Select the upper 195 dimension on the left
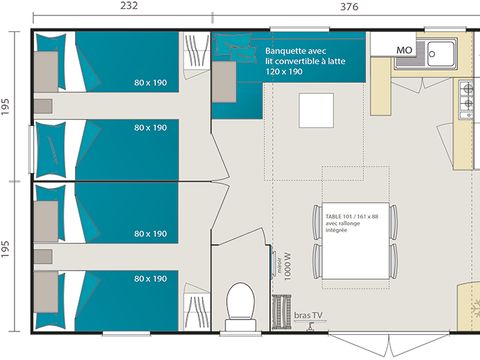pos(7,108)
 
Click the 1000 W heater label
pos(286,264)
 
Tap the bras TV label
pos(309,315)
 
